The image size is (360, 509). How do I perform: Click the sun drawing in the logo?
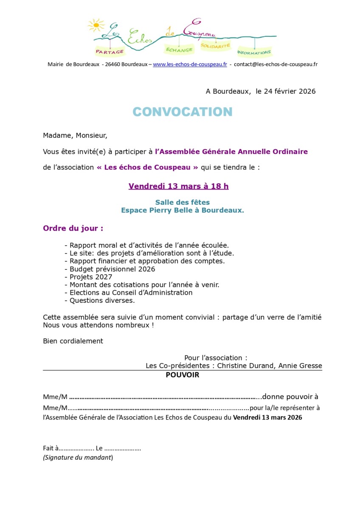coord(96,25)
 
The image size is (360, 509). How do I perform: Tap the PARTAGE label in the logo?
coord(110,51)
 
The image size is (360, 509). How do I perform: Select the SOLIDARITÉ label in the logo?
coord(215,45)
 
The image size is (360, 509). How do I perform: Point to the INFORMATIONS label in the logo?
coord(254,53)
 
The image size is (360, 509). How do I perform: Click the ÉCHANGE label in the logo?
coord(179,50)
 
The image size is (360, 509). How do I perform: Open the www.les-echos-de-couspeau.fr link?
coord(190,64)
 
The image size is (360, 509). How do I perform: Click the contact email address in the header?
coord(276,64)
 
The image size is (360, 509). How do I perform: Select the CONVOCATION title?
coord(183,112)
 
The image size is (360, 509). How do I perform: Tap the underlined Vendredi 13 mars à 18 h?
coord(179,186)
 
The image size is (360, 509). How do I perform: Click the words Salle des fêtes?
coord(183,202)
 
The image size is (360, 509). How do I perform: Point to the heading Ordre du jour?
coord(73,228)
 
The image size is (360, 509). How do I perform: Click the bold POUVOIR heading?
coord(183,375)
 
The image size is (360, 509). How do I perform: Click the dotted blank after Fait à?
coord(76,448)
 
